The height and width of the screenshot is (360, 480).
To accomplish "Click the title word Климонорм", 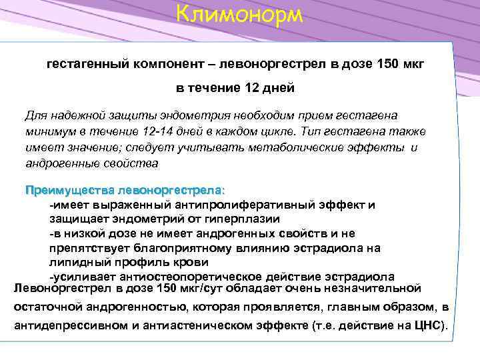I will [240, 13].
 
